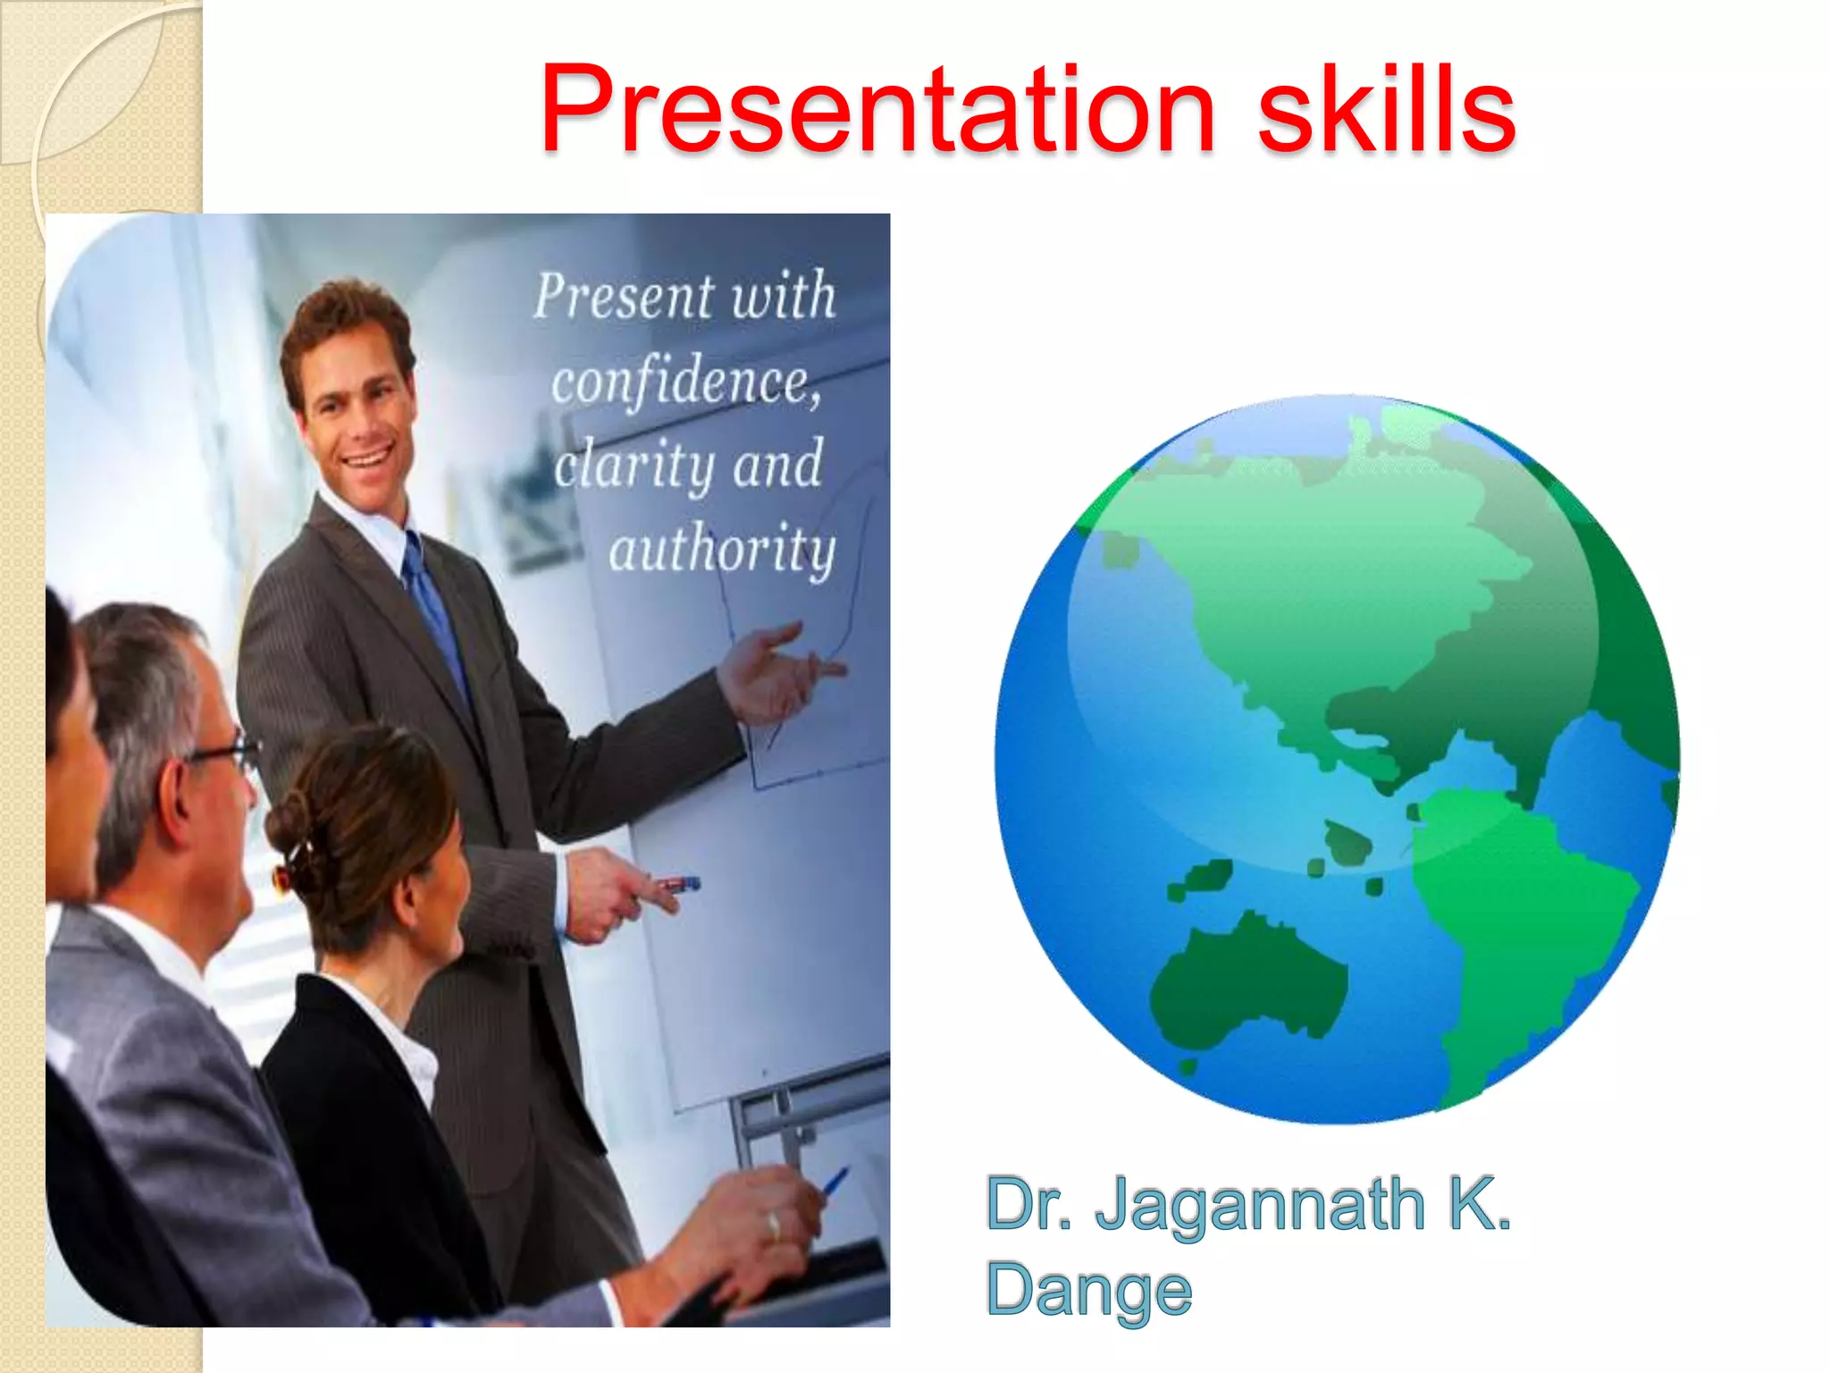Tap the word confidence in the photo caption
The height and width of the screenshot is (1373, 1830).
pyautogui.click(x=684, y=383)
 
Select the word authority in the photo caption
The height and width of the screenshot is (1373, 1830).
pyautogui.click(x=722, y=549)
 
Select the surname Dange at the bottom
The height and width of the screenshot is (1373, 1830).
pyautogui.click(x=1088, y=1290)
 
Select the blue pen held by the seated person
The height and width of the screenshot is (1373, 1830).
pyautogui.click(x=835, y=1182)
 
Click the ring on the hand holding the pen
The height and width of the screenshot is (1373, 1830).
pyautogui.click(x=774, y=1224)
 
